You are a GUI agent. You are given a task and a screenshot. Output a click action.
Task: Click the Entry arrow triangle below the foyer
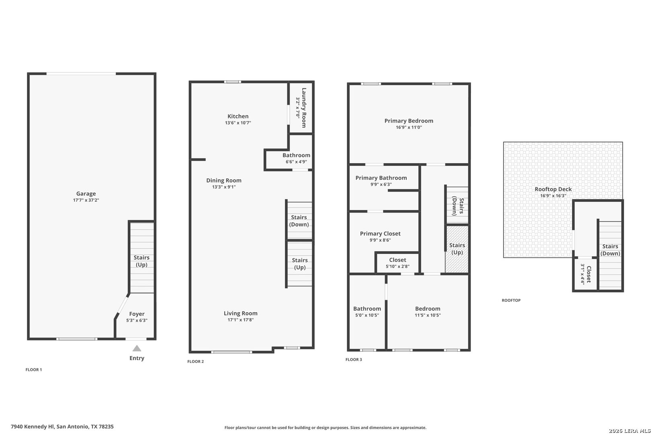click(x=137, y=348)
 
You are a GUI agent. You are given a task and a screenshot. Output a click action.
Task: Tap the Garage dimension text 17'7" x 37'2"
click(x=86, y=200)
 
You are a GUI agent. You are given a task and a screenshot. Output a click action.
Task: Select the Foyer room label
click(x=137, y=314)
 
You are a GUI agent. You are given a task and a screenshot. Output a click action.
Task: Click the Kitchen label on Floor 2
click(x=238, y=116)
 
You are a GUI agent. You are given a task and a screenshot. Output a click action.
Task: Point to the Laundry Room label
click(x=304, y=108)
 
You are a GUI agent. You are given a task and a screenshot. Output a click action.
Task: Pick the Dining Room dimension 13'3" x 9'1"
click(x=224, y=187)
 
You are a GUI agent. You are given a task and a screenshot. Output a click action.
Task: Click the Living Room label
click(x=241, y=313)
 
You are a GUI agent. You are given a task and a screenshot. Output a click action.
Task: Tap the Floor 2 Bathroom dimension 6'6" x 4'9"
click(x=296, y=162)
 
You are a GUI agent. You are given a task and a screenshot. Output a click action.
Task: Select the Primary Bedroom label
click(x=409, y=121)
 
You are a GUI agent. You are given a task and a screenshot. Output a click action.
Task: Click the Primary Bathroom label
click(x=381, y=178)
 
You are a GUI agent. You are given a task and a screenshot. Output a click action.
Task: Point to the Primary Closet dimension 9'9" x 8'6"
click(x=380, y=240)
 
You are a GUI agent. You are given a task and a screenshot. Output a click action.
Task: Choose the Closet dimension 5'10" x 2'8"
click(x=397, y=266)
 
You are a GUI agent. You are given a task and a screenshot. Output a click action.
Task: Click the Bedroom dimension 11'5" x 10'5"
click(x=428, y=315)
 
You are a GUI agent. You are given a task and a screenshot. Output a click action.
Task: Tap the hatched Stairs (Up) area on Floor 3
click(x=457, y=249)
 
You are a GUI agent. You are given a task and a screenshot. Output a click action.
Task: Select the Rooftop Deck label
click(x=553, y=189)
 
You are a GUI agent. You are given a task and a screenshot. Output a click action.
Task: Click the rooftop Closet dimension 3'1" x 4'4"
click(x=583, y=274)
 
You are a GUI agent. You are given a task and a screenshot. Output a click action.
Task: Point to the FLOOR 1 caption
click(x=34, y=369)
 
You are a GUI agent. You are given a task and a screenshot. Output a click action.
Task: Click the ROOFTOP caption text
click(x=511, y=300)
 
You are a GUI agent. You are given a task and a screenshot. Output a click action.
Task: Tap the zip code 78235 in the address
click(x=106, y=426)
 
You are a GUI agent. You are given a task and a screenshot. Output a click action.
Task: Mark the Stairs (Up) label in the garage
click(x=141, y=261)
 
